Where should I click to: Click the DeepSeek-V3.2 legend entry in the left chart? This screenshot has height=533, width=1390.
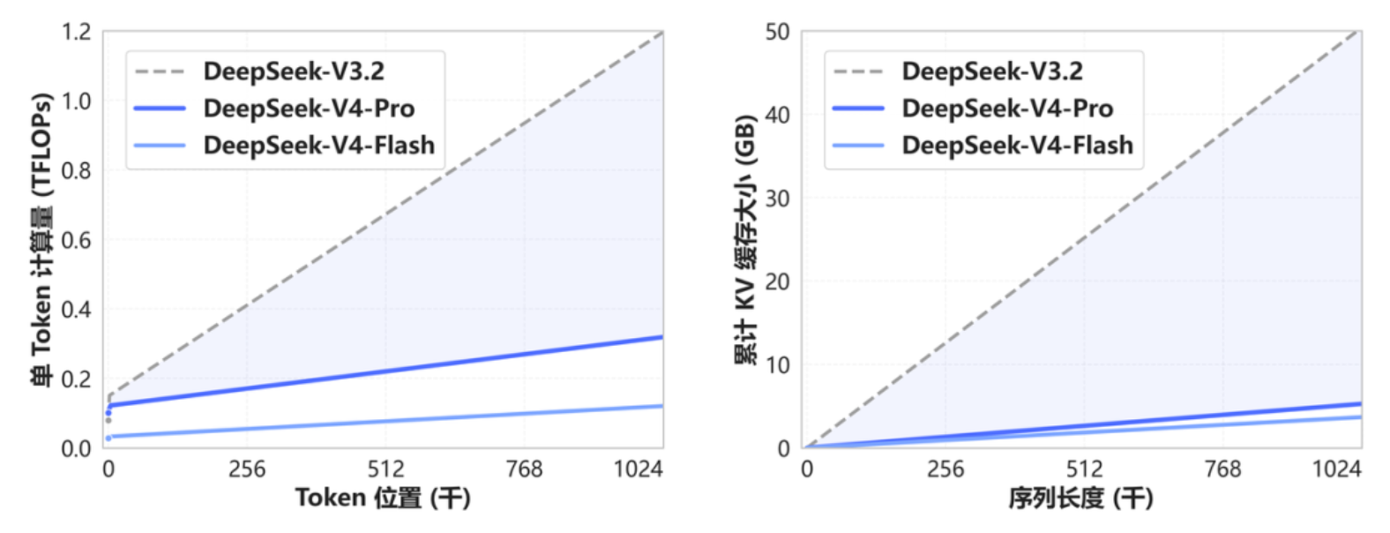pyautogui.click(x=294, y=71)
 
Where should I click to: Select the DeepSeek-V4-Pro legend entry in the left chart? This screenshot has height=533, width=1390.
pyautogui.click(x=309, y=109)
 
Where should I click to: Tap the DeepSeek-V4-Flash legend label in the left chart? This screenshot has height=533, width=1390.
pyautogui.click(x=318, y=145)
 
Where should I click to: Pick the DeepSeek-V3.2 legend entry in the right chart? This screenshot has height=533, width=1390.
pyautogui.click(x=992, y=71)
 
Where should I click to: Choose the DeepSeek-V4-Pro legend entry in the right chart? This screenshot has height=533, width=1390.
pyautogui.click(x=1007, y=109)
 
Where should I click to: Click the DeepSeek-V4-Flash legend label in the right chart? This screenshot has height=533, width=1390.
pyautogui.click(x=1017, y=145)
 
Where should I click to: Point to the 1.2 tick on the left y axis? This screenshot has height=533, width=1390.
pyautogui.click(x=77, y=32)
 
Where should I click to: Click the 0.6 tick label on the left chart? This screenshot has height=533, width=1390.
pyautogui.click(x=77, y=240)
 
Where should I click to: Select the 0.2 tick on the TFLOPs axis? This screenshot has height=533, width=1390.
pyautogui.click(x=77, y=379)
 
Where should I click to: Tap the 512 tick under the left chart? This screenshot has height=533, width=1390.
pyautogui.click(x=385, y=469)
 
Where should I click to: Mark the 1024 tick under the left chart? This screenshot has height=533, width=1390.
pyautogui.click(x=639, y=469)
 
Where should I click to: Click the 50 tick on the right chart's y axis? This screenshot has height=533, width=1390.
pyautogui.click(x=777, y=32)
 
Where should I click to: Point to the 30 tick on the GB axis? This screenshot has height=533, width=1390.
pyautogui.click(x=777, y=199)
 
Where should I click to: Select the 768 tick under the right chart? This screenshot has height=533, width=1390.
pyautogui.click(x=1222, y=469)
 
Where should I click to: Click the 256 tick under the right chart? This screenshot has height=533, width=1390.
pyautogui.click(x=945, y=469)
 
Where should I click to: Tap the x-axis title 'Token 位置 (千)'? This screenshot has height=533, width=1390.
pyautogui.click(x=383, y=499)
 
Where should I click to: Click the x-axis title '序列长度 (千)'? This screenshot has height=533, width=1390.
pyautogui.click(x=1081, y=499)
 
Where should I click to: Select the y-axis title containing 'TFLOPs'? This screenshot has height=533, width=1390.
pyautogui.click(x=41, y=240)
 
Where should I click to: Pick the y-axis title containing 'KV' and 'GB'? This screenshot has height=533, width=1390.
pyautogui.click(x=746, y=240)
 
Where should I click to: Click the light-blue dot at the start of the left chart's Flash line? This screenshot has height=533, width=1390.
pyautogui.click(x=108, y=438)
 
